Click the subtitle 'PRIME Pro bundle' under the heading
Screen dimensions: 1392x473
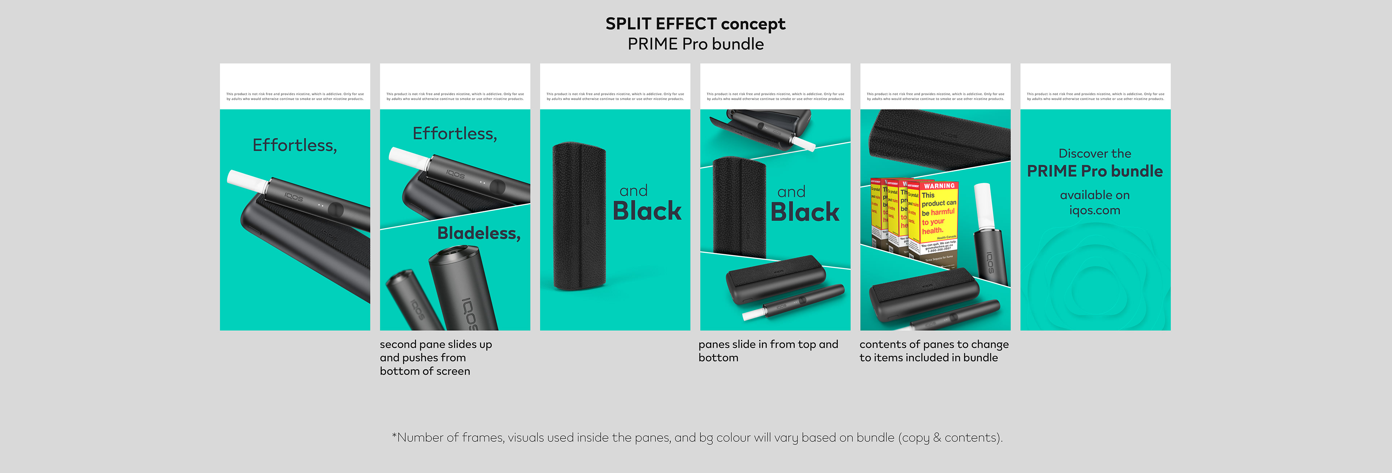[696, 44]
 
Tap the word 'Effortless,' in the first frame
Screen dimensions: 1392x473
[294, 145]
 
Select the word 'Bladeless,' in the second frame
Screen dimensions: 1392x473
[479, 233]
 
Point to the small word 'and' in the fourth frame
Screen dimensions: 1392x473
[791, 192]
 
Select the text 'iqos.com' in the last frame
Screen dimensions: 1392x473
[1094, 210]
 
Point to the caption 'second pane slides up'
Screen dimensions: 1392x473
[435, 344]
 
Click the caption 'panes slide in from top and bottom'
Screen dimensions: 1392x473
[768, 351]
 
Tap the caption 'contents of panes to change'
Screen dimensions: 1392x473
[934, 344]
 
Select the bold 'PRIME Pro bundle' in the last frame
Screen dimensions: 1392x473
[1094, 172]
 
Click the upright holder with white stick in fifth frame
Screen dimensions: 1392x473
[989, 238]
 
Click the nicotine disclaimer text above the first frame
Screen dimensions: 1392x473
[295, 96]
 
